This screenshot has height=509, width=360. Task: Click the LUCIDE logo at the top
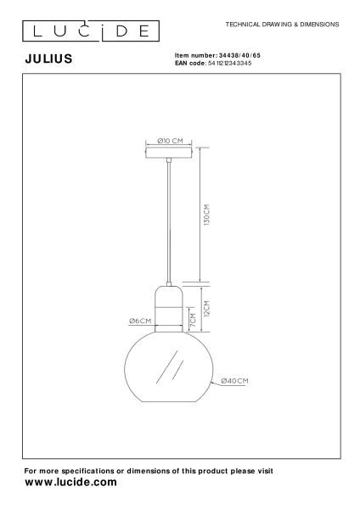tap(91, 31)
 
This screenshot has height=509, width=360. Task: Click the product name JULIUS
tap(48, 59)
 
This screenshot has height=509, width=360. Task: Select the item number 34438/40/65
tap(239, 55)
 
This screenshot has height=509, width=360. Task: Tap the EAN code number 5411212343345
tap(229, 63)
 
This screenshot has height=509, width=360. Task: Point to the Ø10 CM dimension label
tap(170, 141)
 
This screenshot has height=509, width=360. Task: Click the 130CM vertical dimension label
tap(206, 215)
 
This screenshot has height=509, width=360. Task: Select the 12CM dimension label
tap(206, 309)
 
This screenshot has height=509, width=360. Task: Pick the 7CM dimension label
tap(193, 320)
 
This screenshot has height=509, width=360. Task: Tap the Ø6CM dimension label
tap(140, 321)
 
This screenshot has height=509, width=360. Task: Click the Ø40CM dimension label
tap(234, 381)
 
